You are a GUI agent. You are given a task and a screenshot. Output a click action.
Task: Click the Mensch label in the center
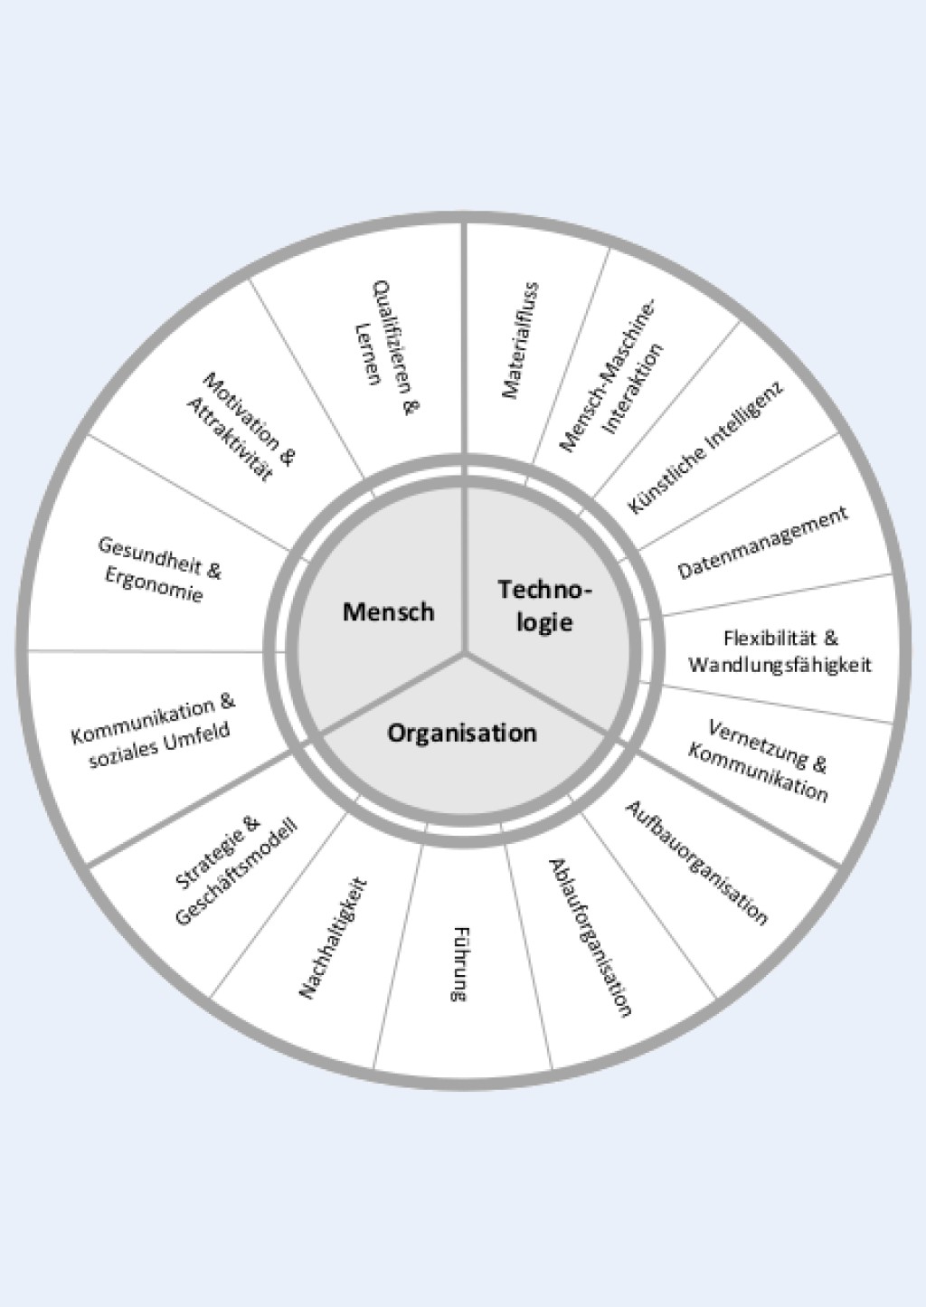[388, 612]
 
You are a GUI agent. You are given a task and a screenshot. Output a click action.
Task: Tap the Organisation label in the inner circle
[462, 733]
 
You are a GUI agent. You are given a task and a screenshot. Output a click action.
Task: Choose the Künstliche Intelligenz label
[705, 447]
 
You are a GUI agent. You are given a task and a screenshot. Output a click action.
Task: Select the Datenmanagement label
[763, 543]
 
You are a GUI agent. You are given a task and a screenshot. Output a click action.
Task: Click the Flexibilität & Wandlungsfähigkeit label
[780, 652]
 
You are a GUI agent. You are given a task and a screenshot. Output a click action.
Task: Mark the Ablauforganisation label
[590, 937]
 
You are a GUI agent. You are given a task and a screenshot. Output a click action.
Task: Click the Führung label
[459, 963]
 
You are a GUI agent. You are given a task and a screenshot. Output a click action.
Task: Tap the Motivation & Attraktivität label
[241, 427]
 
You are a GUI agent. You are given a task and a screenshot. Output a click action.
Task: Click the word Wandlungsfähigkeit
[780, 666]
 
